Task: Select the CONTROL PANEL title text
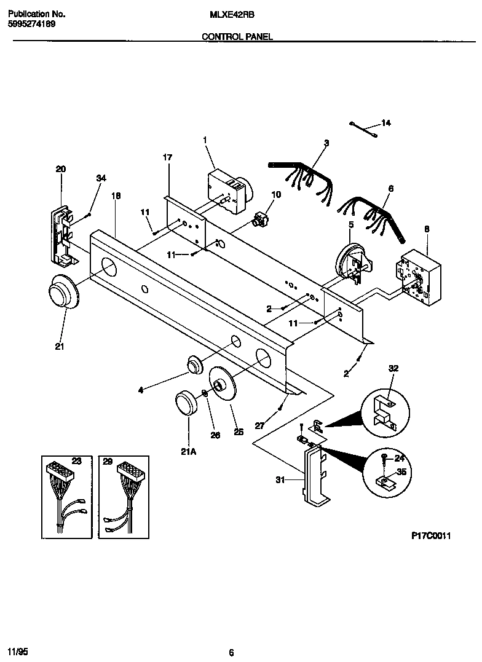pos(237,37)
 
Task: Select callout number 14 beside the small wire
pos(385,124)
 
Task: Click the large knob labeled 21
pos(62,294)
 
